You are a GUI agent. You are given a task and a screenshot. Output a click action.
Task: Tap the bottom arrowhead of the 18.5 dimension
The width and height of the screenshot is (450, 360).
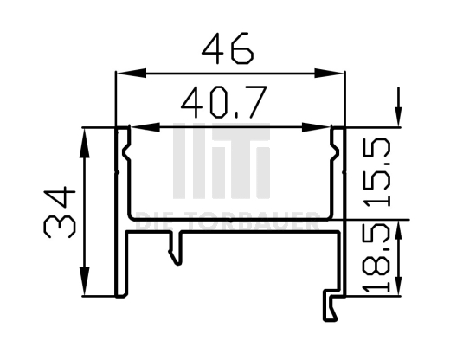coord(398,288)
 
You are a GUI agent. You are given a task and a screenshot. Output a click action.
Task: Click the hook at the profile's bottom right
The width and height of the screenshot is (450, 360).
coord(331,306)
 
